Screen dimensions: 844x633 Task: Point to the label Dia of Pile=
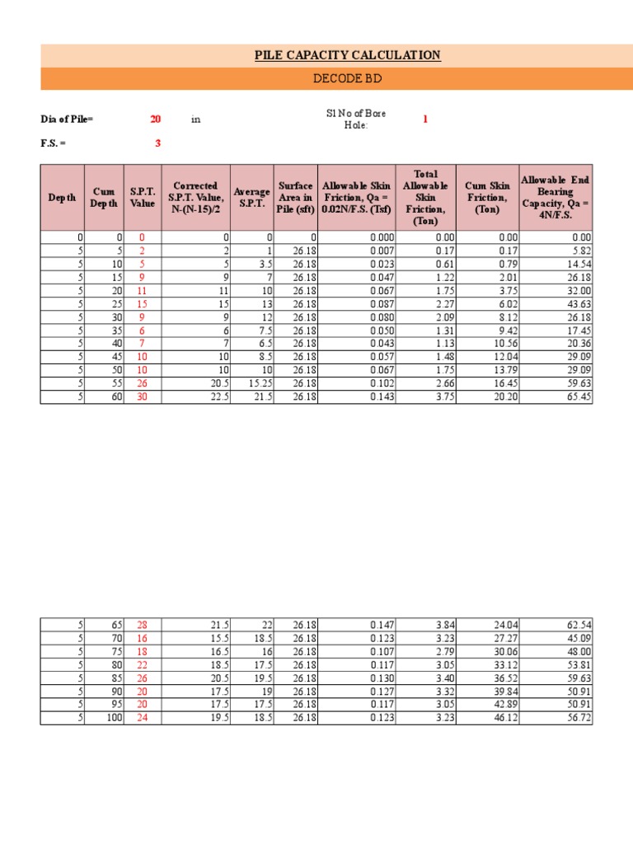68,119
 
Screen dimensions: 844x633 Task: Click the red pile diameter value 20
155,119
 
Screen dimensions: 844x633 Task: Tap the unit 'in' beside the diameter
196,119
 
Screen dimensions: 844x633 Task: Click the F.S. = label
54,143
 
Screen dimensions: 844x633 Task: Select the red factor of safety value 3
157,143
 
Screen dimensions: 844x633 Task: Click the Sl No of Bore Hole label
356,118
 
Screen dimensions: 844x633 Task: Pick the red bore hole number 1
425,119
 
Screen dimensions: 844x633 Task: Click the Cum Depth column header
104,198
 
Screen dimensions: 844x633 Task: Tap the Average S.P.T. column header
251,198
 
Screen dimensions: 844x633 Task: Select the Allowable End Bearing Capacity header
555,198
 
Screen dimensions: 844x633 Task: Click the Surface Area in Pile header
295,198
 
